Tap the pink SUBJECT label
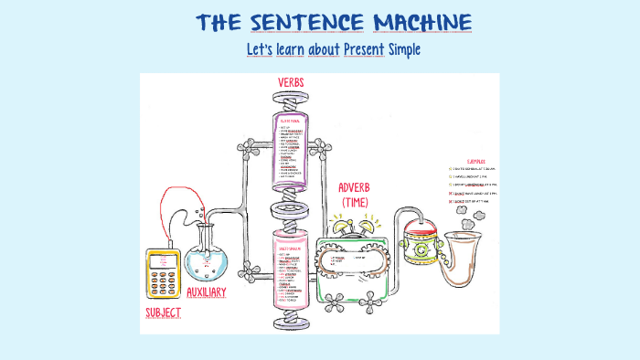163,313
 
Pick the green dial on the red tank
421,249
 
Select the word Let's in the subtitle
260,49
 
